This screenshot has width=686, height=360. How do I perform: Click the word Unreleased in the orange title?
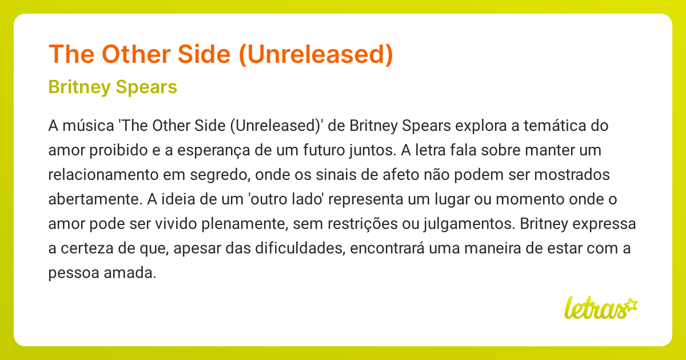(x=313, y=54)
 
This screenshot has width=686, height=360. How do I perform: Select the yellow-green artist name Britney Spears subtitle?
(x=113, y=87)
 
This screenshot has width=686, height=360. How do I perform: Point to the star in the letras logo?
(x=630, y=304)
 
